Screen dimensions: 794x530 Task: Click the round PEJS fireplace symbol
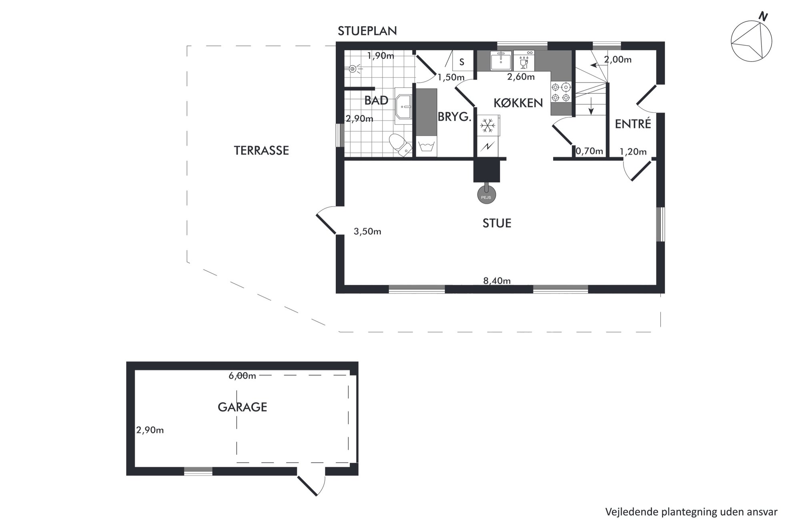pos(486,195)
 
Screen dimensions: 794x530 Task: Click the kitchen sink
pos(501,61)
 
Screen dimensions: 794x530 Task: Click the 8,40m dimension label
pos(497,281)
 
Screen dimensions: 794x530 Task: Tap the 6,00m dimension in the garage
pos(242,376)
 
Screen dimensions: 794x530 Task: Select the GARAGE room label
pos(242,407)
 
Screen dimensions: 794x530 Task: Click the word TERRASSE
pos(261,151)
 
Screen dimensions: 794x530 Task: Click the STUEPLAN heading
pos(367,31)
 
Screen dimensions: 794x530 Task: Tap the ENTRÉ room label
pos(633,124)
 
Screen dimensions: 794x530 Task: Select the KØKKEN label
pos(518,103)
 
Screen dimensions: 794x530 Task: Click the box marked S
pos(462,61)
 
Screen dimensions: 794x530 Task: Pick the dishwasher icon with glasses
pos(524,61)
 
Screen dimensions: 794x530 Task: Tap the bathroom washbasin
pos(404,107)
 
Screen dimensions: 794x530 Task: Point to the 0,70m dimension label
pos(589,151)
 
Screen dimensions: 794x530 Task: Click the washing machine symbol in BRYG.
pos(427,146)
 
